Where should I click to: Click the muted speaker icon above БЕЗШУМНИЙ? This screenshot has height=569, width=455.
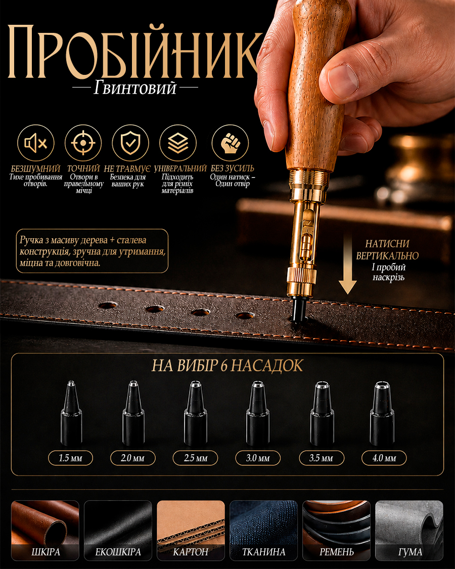tap(35, 143)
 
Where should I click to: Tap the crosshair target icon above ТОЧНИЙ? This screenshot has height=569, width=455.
tap(83, 143)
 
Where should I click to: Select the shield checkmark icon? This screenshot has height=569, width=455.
tap(130, 143)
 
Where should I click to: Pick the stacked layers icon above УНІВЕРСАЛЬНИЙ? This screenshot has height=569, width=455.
tap(178, 143)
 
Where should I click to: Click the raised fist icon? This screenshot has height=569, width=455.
tap(230, 143)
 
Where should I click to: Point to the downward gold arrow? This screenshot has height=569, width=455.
tap(347, 263)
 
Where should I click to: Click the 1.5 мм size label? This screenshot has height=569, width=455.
tap(70, 458)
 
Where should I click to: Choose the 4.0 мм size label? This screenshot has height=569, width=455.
tap(384, 458)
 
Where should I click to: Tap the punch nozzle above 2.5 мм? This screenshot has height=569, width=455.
tap(196, 413)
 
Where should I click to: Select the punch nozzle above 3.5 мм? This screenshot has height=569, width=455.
tap(322, 413)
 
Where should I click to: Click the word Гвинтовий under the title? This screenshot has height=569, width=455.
tap(135, 88)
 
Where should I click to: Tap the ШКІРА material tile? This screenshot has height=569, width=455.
tap(45, 531)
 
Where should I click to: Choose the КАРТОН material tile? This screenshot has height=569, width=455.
tap(191, 531)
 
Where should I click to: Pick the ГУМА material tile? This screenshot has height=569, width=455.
tap(409, 531)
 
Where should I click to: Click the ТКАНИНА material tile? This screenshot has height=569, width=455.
tap(264, 531)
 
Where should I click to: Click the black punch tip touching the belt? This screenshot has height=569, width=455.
tap(299, 310)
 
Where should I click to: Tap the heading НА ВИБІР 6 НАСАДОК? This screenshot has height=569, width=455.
tap(227, 366)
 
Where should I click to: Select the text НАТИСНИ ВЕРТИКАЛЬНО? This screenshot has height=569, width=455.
tap(387, 250)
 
